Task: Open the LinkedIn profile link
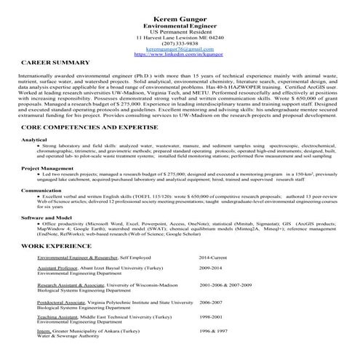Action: [180, 55]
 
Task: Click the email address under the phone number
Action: [180, 49]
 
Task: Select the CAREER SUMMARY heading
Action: [55, 64]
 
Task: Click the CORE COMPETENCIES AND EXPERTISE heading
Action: [95, 128]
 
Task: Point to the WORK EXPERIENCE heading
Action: [56, 247]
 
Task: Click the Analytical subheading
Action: [34, 139]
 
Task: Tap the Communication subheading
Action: [41, 190]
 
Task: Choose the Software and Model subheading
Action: [47, 217]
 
